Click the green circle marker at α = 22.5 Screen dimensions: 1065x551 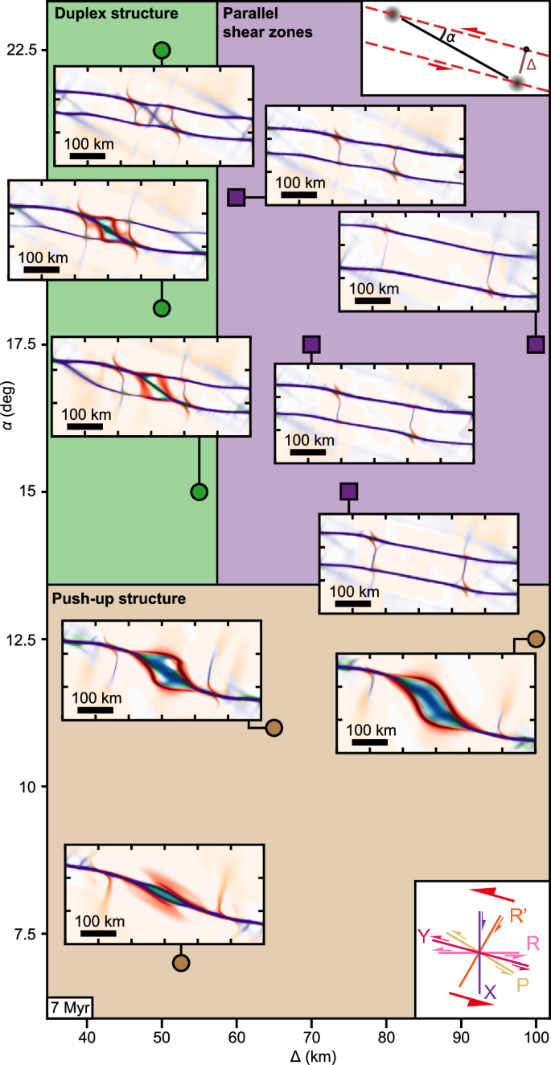(x=162, y=51)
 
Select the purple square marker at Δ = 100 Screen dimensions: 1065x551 (x=536, y=344)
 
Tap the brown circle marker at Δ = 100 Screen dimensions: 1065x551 (x=536, y=639)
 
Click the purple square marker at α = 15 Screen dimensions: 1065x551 (x=348, y=491)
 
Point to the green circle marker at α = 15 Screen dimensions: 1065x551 (x=199, y=491)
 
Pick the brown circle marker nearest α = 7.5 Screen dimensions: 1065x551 (x=181, y=963)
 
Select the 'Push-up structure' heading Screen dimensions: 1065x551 (x=119, y=599)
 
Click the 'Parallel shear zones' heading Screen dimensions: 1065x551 (x=267, y=23)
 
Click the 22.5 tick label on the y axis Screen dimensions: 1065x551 (x=23, y=50)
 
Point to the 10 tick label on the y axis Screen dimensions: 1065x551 (x=29, y=786)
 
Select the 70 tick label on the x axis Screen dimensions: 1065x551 (x=311, y=1035)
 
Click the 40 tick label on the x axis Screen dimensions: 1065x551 (x=88, y=1035)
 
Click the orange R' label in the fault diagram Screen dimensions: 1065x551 (x=519, y=915)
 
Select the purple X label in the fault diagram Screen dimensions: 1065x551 (x=489, y=994)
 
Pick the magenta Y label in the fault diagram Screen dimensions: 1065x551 (x=425, y=935)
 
